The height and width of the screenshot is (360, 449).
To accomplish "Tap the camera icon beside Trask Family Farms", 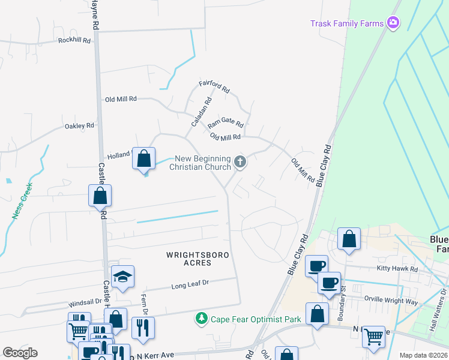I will coord(394,23).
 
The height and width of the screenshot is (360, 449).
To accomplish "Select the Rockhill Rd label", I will coord(74,40).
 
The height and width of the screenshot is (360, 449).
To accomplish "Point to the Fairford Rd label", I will coord(214,86).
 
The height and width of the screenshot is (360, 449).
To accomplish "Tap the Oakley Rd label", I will coord(80,126).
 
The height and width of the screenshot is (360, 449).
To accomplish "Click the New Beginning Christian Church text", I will coord(200,163).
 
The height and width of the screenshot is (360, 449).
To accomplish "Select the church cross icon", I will coord(240,161).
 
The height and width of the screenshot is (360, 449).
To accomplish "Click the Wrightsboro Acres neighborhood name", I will coord(198,259).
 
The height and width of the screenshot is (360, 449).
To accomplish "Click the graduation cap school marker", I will coord(122,277).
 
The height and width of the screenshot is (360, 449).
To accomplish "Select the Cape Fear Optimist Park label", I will coord(256,319).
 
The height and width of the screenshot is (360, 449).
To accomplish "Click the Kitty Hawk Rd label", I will coord(397,269).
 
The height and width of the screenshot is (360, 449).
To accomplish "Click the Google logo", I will coord(20,353).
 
